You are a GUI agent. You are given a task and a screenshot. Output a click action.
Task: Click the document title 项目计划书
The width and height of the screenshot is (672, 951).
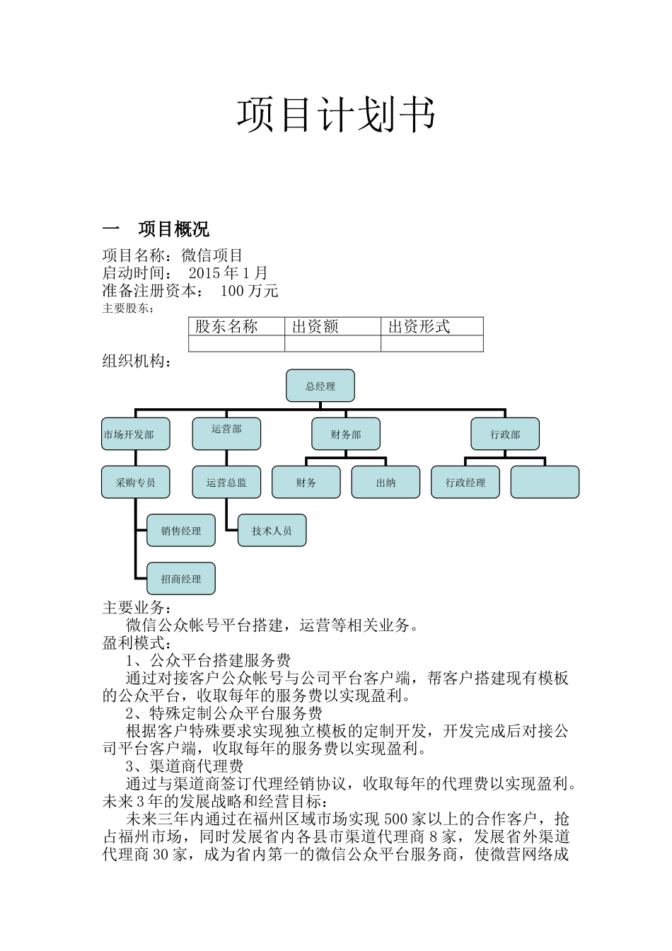click(335, 115)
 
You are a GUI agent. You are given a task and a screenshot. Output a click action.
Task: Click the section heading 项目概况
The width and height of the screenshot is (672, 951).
click(173, 229)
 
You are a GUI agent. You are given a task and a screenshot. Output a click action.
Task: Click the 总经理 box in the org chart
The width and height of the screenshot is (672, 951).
click(320, 386)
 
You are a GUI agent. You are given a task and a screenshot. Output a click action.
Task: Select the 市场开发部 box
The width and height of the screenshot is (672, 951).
click(136, 434)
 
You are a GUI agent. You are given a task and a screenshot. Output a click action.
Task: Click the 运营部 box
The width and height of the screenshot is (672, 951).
click(226, 434)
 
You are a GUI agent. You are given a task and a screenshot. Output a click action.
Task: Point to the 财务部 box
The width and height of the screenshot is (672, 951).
click(346, 434)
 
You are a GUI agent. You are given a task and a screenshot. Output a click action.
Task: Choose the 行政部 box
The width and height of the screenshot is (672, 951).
click(505, 434)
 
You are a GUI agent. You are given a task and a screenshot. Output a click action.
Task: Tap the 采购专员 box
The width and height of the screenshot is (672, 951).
click(136, 482)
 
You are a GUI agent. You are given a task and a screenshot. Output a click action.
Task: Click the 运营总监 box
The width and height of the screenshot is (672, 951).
click(226, 482)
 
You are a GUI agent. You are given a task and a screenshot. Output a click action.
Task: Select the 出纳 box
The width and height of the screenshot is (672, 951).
click(386, 482)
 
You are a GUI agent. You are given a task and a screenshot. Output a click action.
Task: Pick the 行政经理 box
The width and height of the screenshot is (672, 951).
click(465, 482)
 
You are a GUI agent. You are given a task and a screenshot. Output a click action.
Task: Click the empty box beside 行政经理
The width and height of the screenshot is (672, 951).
click(545, 482)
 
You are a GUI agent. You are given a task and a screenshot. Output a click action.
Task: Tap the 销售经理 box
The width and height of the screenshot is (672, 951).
click(181, 530)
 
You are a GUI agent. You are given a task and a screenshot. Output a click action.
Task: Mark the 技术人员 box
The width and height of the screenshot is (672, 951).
click(272, 530)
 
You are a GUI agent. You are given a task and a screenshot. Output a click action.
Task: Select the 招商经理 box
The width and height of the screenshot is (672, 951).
click(181, 578)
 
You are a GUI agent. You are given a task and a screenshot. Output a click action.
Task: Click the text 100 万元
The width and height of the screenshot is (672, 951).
click(249, 291)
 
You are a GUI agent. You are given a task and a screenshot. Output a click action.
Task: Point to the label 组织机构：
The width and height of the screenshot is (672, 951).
click(137, 361)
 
